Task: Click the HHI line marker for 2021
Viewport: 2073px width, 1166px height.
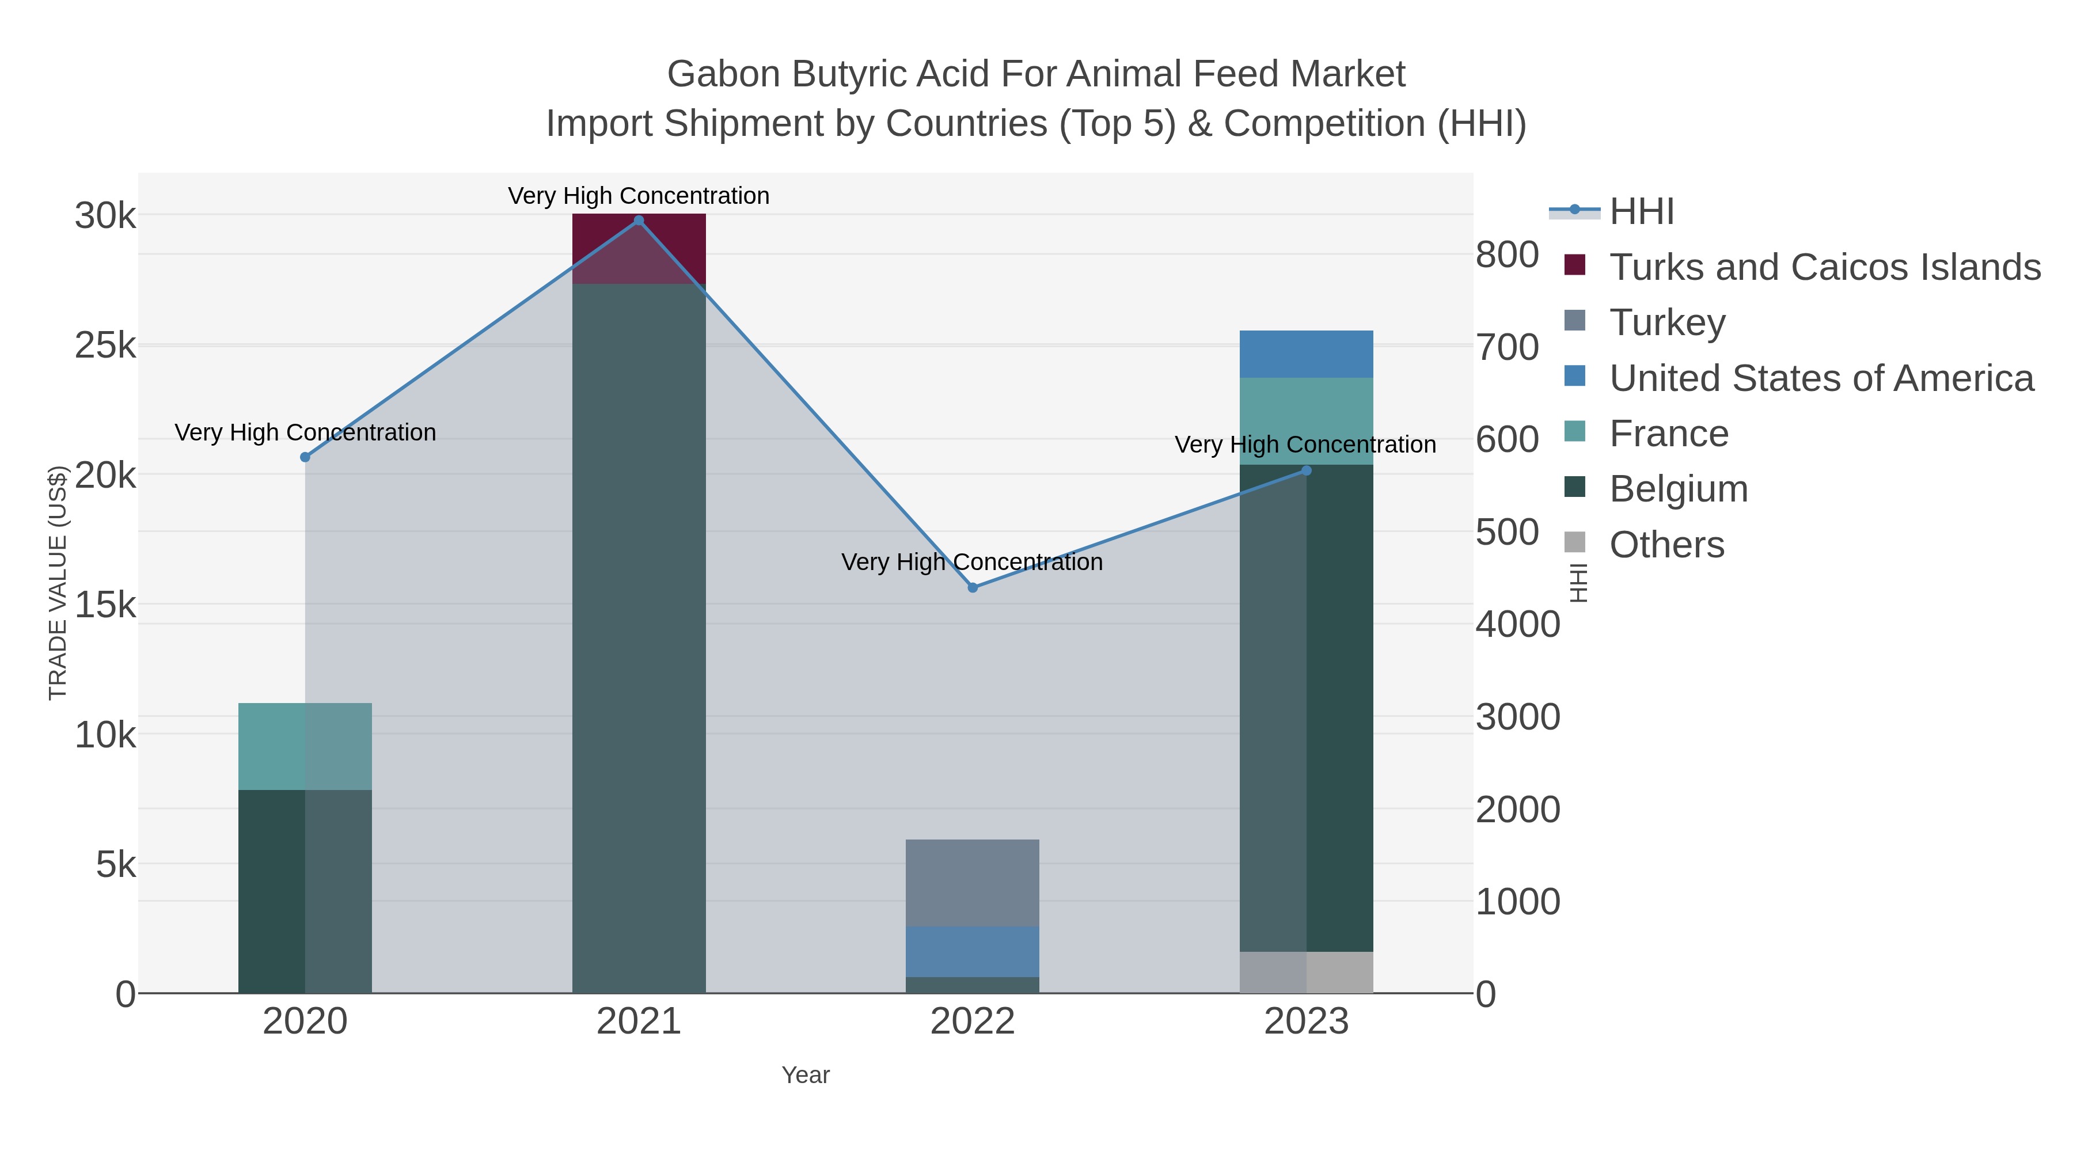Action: tap(639, 221)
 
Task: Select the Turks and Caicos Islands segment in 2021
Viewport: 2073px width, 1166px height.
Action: tap(639, 248)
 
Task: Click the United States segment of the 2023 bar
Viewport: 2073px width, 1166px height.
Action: tap(1305, 354)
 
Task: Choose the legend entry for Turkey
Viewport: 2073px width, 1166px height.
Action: tap(1666, 322)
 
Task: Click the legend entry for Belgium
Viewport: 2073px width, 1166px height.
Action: tap(1678, 489)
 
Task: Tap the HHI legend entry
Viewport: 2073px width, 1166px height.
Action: tap(1641, 212)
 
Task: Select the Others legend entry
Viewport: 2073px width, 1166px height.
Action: tap(1666, 545)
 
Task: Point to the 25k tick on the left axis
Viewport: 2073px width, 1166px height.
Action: tap(105, 346)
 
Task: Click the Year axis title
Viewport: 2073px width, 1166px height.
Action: tap(806, 1075)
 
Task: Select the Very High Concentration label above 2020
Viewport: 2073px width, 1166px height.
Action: tap(305, 433)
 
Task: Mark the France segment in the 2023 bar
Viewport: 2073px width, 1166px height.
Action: tap(1305, 421)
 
